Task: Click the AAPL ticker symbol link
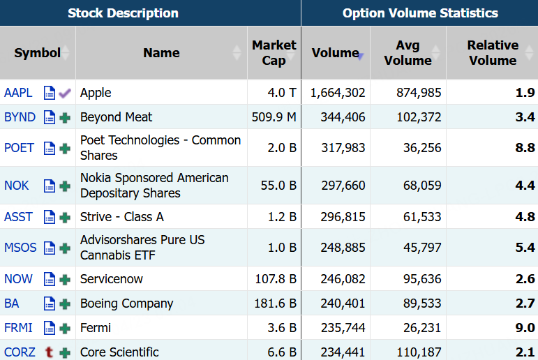(18, 93)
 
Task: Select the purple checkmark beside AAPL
(65, 93)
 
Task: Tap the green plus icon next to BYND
(65, 118)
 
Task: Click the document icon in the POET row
(50, 148)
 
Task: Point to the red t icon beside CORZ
(50, 352)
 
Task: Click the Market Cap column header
(274, 53)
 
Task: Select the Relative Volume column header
(493, 53)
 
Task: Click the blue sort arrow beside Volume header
(361, 57)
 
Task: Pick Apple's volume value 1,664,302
(338, 93)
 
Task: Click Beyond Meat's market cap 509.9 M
(274, 117)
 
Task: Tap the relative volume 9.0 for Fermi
(525, 328)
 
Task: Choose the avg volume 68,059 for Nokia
(422, 186)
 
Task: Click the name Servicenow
(112, 278)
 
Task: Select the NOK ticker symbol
(17, 186)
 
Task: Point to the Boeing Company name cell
(126, 303)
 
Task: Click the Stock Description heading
(124, 13)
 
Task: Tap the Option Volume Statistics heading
(420, 13)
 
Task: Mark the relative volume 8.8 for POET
(525, 148)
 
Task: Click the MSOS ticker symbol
(20, 248)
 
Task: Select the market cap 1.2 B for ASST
(282, 217)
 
